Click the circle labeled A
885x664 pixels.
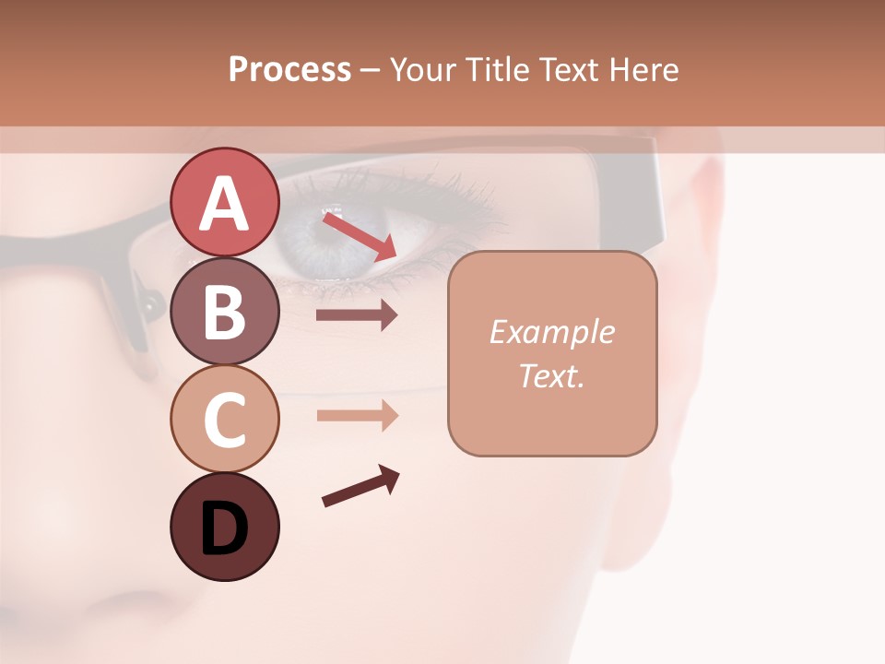pyautogui.click(x=224, y=202)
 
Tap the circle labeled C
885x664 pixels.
pyautogui.click(x=224, y=419)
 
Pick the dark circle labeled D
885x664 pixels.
pyautogui.click(x=224, y=527)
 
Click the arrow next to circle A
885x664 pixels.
pyautogui.click(x=359, y=235)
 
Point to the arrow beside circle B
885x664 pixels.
pyautogui.click(x=357, y=315)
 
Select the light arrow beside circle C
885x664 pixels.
pyautogui.click(x=357, y=415)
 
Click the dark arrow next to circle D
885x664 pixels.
pyautogui.click(x=360, y=486)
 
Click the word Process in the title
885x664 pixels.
pyautogui.click(x=289, y=69)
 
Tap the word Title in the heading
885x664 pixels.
pyautogui.click(x=495, y=69)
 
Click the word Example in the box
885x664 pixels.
pyautogui.click(x=551, y=332)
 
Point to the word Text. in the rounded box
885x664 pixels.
pyautogui.click(x=551, y=375)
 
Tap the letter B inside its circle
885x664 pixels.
pyautogui.click(x=224, y=312)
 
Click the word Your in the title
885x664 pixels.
pyautogui.click(x=420, y=69)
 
